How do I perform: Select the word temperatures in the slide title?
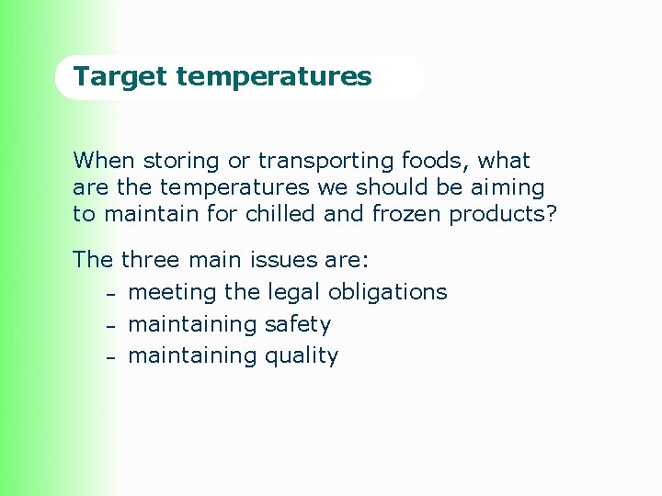point(274,76)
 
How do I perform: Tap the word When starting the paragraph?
point(103,161)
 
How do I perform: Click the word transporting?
point(326,162)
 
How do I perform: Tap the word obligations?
point(387,292)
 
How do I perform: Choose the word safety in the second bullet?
point(297,324)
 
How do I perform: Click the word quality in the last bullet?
point(301,356)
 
